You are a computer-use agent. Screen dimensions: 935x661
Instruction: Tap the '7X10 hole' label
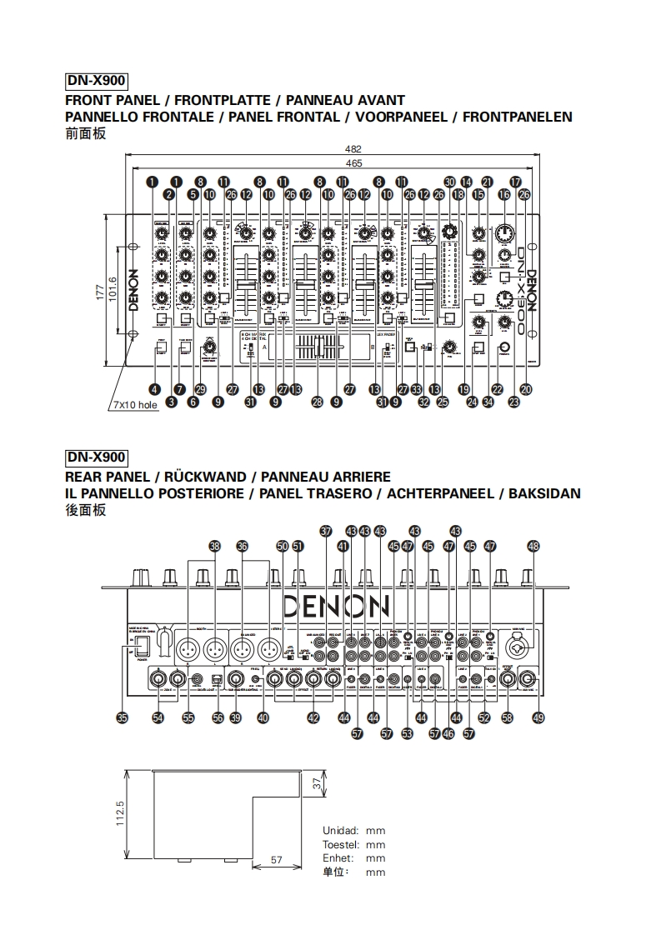135,405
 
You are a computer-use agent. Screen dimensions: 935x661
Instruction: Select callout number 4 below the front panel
154,387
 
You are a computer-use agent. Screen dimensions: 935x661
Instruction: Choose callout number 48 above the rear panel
533,546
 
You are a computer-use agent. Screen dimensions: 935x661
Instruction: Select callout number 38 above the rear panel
215,546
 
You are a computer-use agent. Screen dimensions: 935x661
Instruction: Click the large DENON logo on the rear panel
336,607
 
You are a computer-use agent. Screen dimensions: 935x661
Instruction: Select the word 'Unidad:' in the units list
340,831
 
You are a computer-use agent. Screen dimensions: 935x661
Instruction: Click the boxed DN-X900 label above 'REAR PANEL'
96,457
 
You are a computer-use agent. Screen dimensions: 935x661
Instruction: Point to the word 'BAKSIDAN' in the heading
543,493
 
